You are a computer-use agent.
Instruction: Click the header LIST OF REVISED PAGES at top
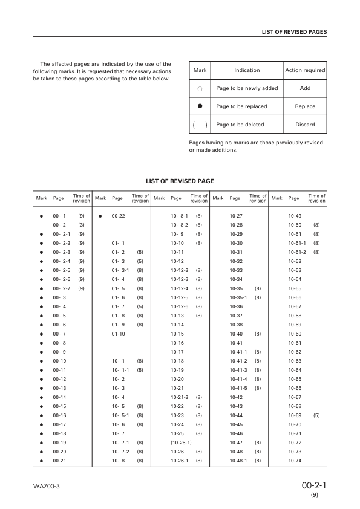(x=294, y=31)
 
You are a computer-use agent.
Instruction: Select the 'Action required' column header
(x=305, y=70)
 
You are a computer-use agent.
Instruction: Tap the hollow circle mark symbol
(x=200, y=89)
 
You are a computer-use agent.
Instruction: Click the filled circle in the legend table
(x=200, y=106)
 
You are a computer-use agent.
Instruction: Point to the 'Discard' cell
(x=305, y=125)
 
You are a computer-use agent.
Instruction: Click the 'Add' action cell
(x=305, y=88)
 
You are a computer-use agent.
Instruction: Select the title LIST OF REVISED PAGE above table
(x=180, y=181)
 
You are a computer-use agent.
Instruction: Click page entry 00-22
(x=118, y=216)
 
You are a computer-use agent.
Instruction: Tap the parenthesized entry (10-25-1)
(x=181, y=443)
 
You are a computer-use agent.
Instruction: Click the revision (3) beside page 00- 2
(x=81, y=225)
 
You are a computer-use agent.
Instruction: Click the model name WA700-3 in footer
(x=47, y=486)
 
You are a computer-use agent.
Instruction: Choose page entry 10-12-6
(x=180, y=306)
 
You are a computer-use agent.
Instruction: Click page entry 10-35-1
(x=239, y=297)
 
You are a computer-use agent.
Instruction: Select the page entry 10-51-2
(x=298, y=252)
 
